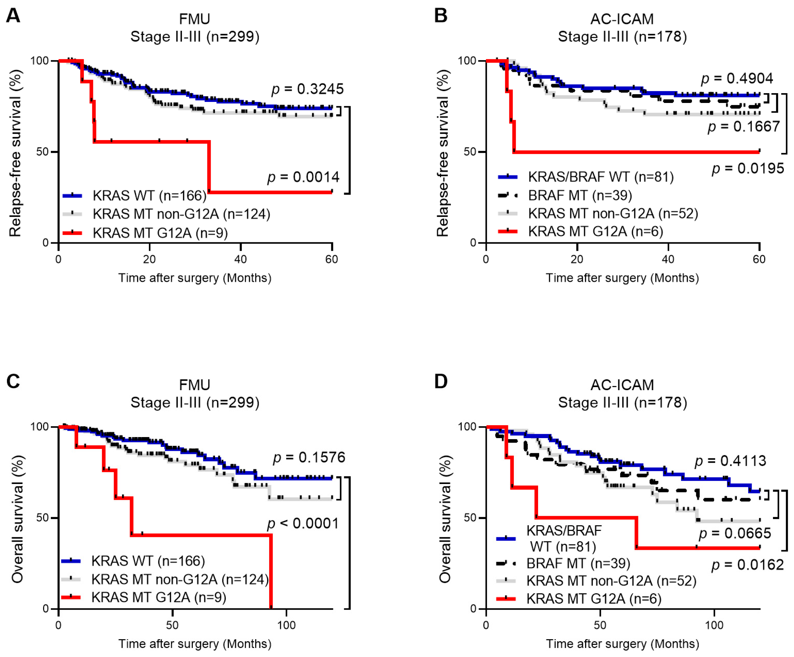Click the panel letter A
(x=13, y=16)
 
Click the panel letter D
(x=441, y=382)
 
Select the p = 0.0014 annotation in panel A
(x=303, y=177)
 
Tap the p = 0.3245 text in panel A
(x=307, y=89)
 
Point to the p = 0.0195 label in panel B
(x=747, y=168)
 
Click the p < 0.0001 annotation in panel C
(x=303, y=524)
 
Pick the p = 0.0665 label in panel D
(x=735, y=533)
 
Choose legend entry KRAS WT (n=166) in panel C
(x=148, y=561)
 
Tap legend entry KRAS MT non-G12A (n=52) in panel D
(x=611, y=581)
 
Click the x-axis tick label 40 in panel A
(x=240, y=259)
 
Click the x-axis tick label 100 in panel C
(x=286, y=625)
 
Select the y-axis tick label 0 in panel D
(x=473, y=609)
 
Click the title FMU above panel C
(x=194, y=385)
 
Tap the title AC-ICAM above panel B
(x=622, y=19)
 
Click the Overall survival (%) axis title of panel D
(x=444, y=519)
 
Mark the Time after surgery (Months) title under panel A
(x=195, y=278)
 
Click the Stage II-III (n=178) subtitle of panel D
(x=622, y=403)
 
